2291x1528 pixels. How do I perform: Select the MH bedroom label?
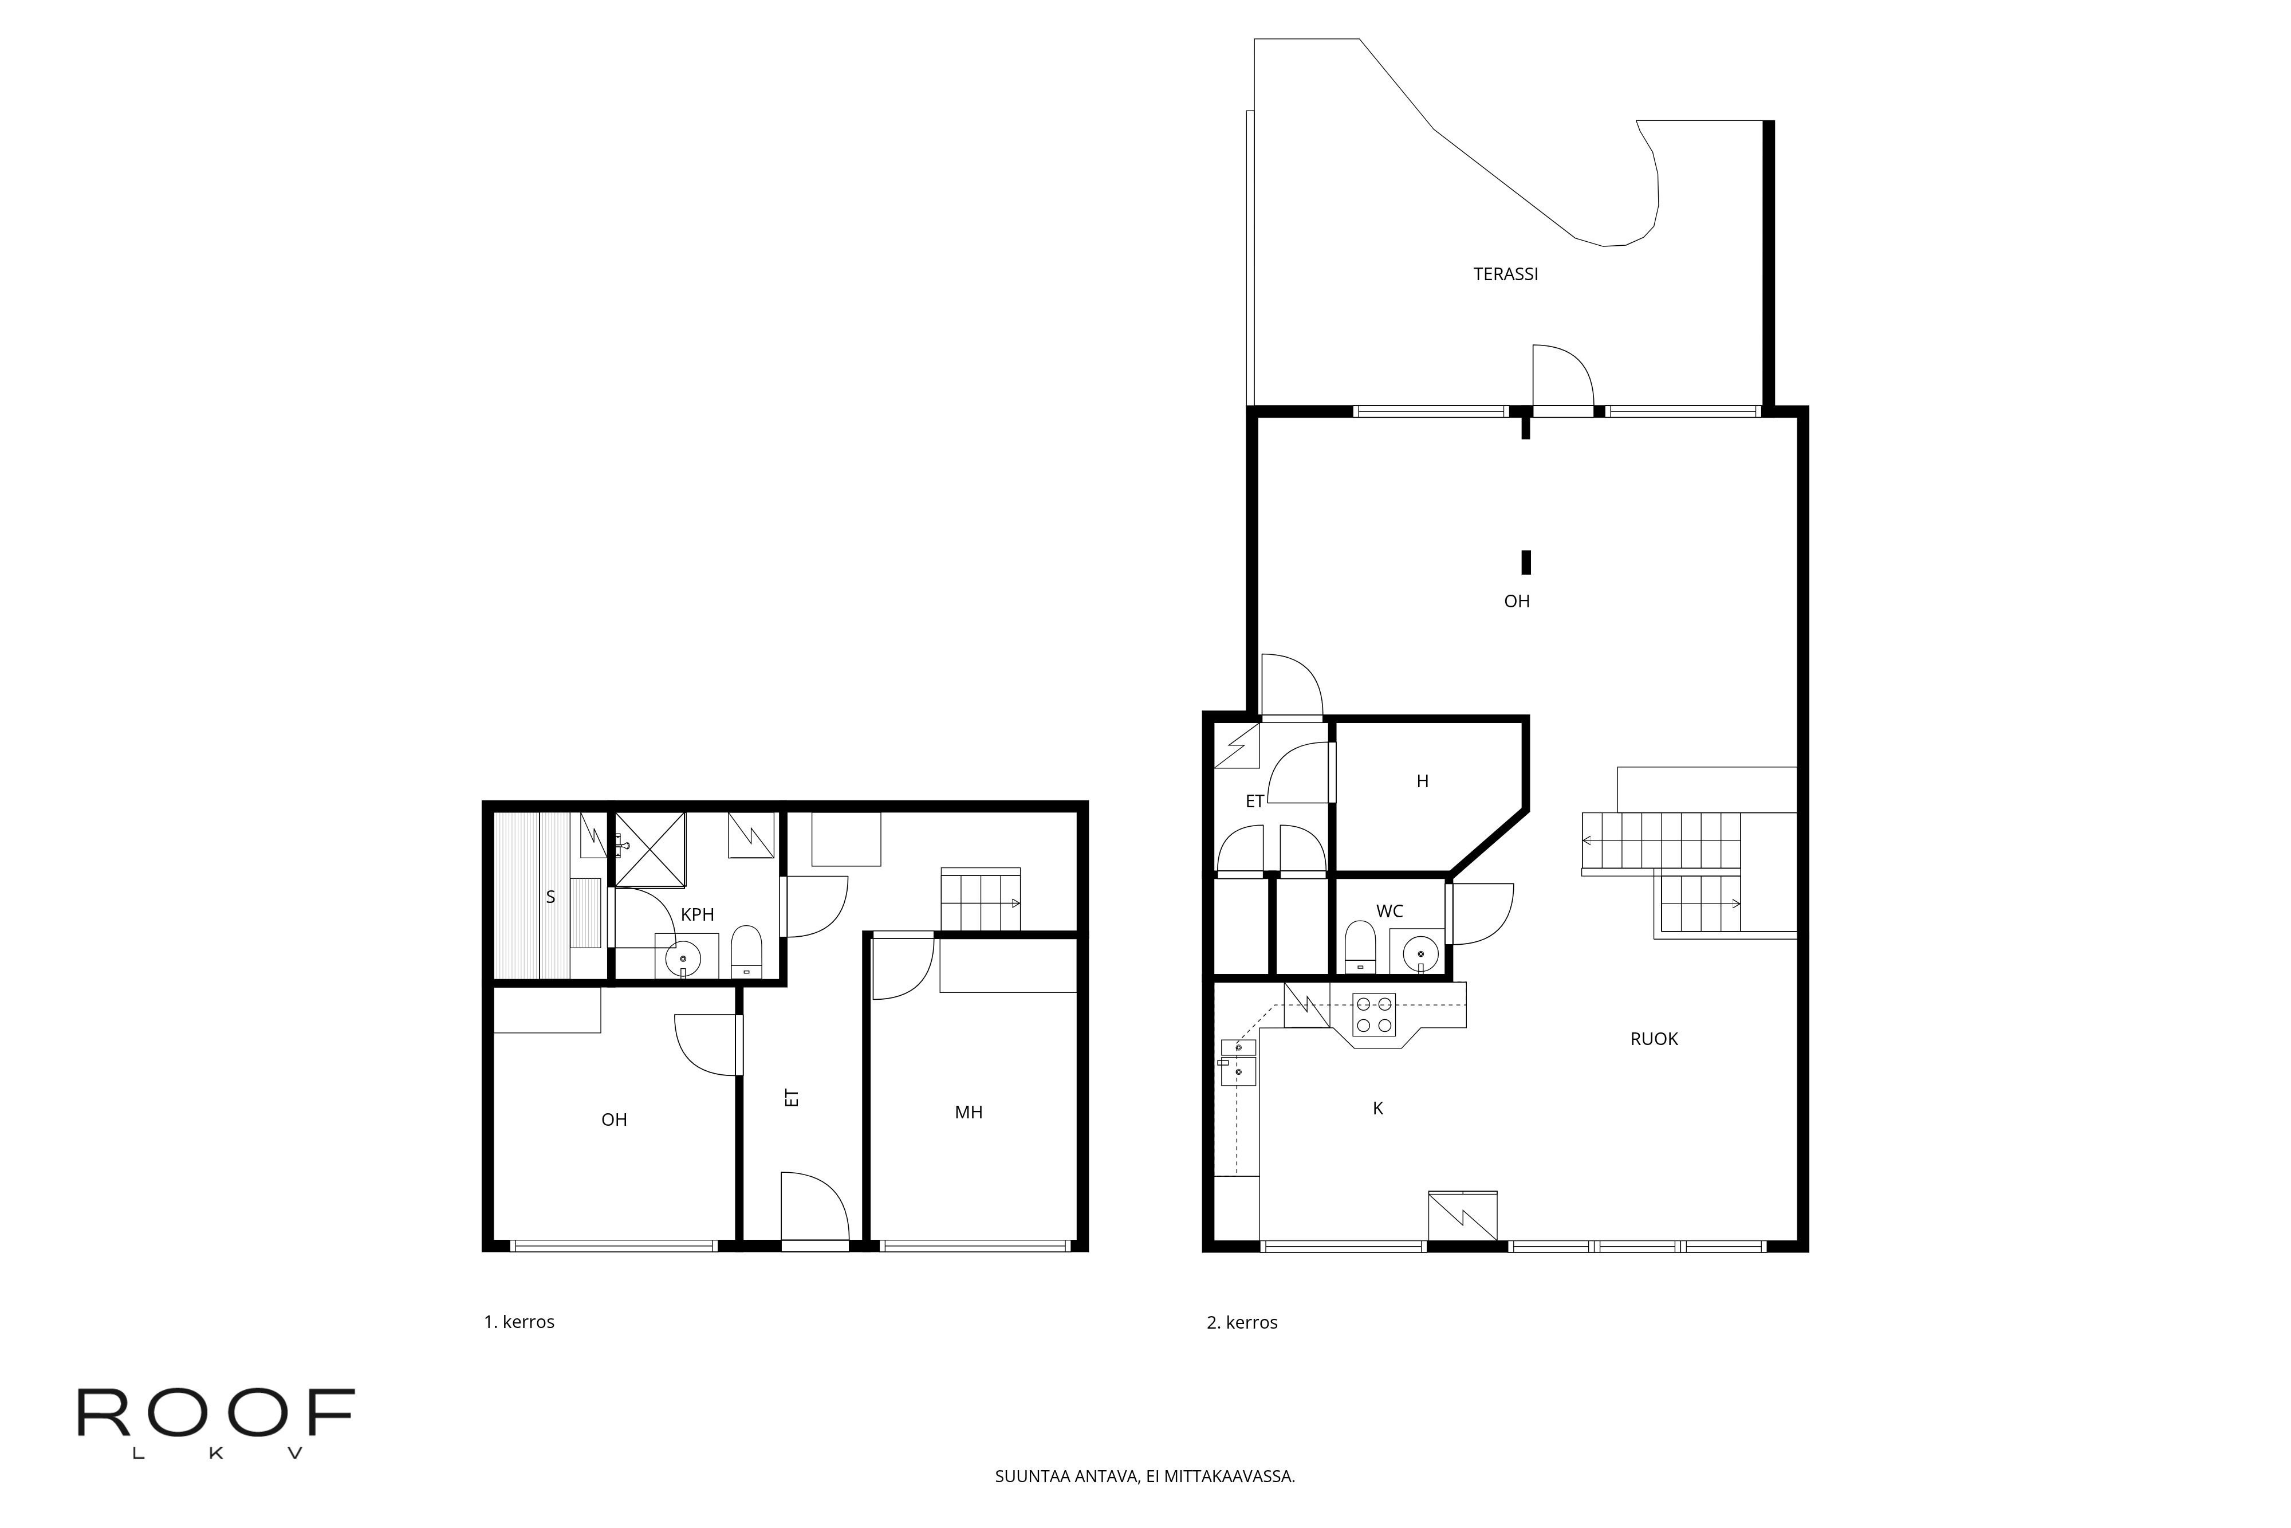(x=968, y=1113)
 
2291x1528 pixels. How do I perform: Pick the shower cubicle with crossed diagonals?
(x=649, y=848)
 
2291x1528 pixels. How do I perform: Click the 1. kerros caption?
(x=519, y=1322)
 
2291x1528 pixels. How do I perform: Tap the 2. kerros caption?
(x=1242, y=1322)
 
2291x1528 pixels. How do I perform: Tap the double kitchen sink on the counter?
(x=1238, y=1061)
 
